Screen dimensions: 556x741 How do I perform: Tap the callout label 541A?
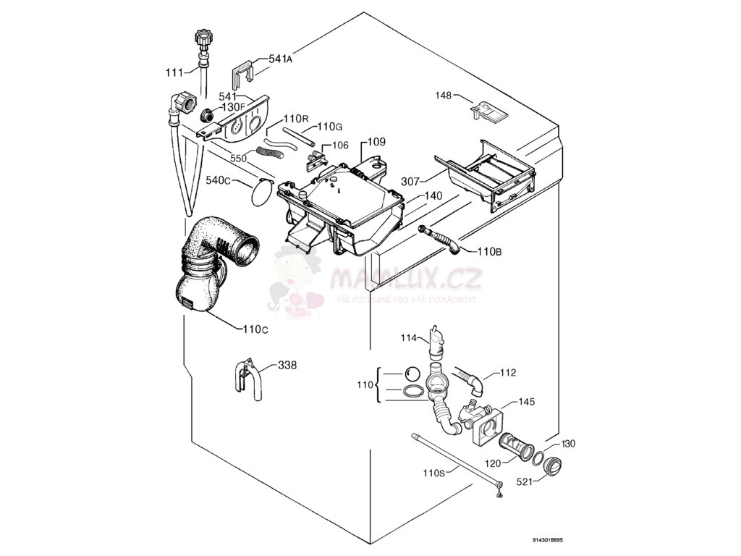click(x=280, y=59)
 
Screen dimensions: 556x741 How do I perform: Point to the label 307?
click(x=411, y=182)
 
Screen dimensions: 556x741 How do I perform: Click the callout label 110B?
click(x=489, y=251)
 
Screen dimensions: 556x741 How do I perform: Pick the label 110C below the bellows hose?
click(x=255, y=329)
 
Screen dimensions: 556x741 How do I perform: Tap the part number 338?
click(x=287, y=366)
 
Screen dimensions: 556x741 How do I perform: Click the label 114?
click(x=410, y=337)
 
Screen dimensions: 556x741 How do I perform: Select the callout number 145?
click(x=528, y=402)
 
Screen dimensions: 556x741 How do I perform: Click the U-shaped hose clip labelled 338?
click(x=244, y=379)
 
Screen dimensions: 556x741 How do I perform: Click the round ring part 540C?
click(x=261, y=193)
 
